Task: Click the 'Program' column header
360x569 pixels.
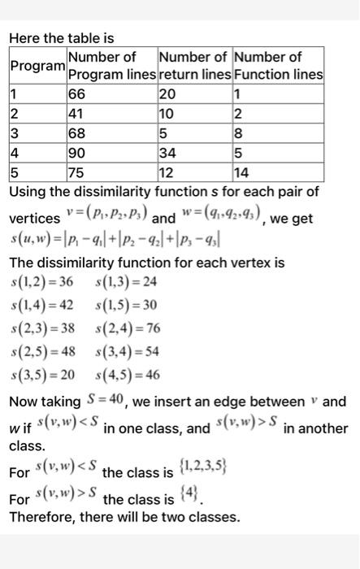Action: point(37,66)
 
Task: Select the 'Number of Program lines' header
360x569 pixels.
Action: point(111,66)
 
